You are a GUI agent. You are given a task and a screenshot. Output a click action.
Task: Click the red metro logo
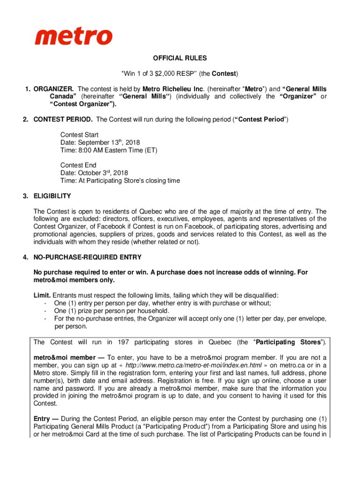click(73, 36)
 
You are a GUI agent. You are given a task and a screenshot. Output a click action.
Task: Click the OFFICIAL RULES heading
click(180, 58)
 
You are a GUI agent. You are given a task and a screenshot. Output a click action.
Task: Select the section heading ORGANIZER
click(53, 89)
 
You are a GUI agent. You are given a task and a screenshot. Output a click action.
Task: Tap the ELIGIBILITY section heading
click(52, 196)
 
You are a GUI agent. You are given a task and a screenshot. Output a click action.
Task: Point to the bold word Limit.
click(42, 295)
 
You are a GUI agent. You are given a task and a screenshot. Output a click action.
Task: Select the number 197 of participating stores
click(124, 342)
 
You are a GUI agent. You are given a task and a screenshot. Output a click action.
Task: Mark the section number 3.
click(25, 196)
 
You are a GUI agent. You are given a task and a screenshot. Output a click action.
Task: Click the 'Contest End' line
click(78, 165)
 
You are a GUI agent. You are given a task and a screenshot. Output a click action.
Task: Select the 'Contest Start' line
click(79, 135)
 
